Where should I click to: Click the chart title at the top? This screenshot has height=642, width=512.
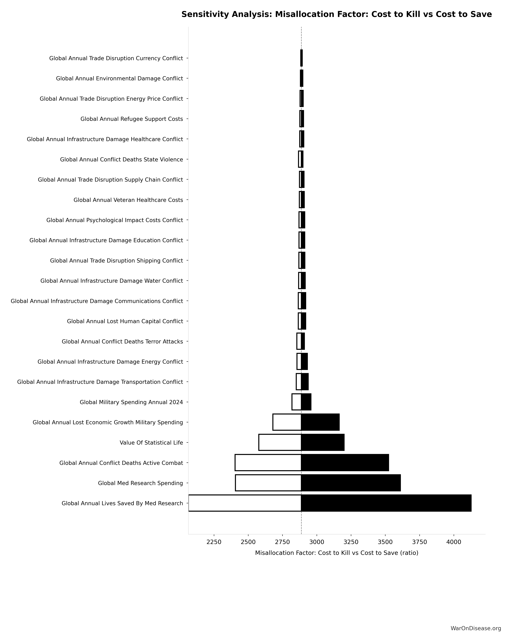(336, 14)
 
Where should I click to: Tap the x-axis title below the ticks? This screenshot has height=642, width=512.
(336, 553)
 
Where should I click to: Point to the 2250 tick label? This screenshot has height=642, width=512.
(214, 542)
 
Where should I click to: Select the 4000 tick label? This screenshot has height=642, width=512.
(454, 542)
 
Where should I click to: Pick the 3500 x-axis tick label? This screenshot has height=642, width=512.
(385, 542)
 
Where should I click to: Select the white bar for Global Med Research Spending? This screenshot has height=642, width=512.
(268, 483)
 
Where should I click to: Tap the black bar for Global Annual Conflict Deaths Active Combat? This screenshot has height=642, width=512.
(345, 463)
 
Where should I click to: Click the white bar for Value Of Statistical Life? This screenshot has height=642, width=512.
(280, 443)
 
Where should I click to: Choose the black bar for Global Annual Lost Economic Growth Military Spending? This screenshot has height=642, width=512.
(320, 422)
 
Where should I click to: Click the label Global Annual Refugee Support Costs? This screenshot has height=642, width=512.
(132, 119)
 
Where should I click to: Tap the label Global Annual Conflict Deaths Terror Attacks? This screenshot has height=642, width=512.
(122, 342)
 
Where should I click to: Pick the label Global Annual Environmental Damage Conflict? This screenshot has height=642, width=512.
(119, 79)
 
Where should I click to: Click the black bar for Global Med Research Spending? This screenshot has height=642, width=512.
(351, 483)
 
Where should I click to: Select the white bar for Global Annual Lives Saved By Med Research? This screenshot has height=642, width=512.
(245, 503)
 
